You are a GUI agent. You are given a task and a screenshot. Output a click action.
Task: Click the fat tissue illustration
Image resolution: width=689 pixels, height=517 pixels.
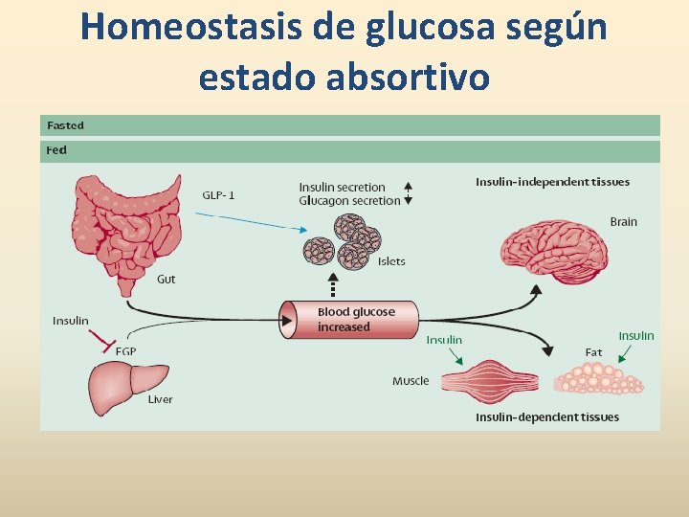tap(599, 378)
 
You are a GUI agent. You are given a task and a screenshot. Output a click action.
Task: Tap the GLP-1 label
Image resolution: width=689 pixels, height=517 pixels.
tap(218, 195)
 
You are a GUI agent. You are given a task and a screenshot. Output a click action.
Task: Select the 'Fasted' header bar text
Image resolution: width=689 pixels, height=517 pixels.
tap(66, 125)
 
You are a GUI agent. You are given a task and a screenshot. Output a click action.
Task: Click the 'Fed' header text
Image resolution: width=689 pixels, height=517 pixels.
tap(57, 150)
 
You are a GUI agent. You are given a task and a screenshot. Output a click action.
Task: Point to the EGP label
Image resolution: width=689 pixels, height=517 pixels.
tap(125, 351)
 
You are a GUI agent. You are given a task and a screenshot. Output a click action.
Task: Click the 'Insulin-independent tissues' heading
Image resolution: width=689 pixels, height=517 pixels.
tap(552, 182)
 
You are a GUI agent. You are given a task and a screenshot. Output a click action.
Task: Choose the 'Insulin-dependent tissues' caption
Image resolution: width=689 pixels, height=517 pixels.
tap(546, 416)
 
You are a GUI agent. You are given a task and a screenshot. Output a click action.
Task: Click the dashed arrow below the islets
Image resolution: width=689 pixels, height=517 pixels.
tap(333, 285)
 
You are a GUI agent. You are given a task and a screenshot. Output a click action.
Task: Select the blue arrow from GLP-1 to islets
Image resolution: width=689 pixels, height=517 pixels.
tap(254, 221)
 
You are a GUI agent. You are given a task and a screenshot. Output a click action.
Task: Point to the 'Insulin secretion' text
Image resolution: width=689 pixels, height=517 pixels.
tap(342, 188)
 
